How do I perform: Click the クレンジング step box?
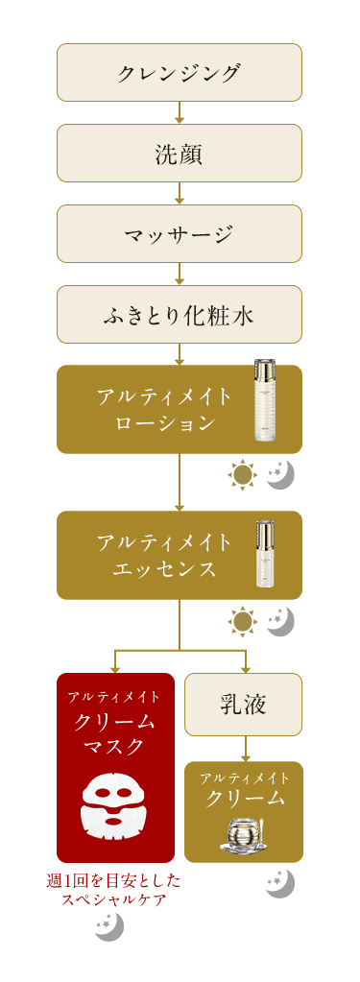click(180, 72)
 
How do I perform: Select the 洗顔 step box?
click(180, 153)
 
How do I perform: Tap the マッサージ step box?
click(180, 233)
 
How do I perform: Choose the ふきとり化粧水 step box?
click(180, 314)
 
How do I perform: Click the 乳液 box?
click(243, 704)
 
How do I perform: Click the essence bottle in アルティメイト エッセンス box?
click(265, 553)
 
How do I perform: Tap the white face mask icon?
click(114, 806)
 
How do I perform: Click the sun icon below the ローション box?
click(243, 474)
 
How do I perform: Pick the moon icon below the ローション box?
click(280, 474)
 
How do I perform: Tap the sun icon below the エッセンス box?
click(243, 621)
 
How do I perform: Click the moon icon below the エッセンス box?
click(280, 621)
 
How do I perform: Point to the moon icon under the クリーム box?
click(280, 882)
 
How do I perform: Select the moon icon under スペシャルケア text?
click(109, 926)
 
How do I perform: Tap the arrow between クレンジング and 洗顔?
click(180, 113)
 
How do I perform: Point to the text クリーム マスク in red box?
click(115, 732)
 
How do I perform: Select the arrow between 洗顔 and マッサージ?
click(180, 194)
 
